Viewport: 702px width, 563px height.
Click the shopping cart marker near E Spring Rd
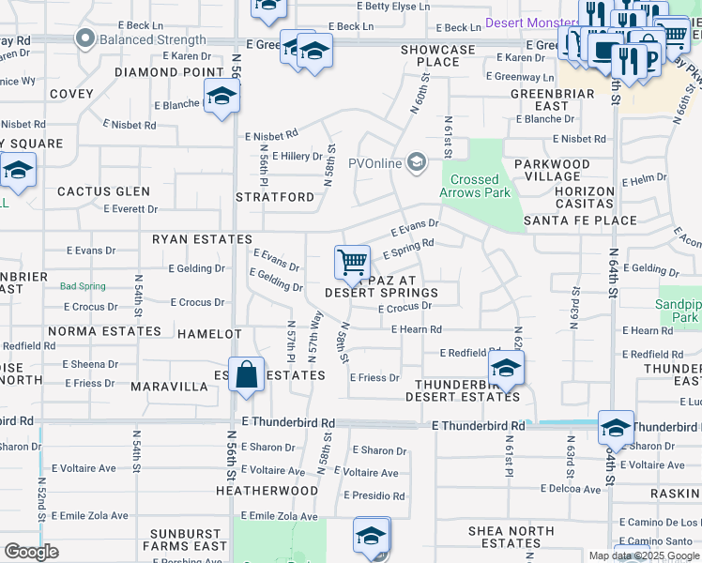click(x=352, y=261)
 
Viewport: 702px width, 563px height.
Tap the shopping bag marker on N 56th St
click(x=245, y=375)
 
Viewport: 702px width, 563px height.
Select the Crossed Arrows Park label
click(x=475, y=186)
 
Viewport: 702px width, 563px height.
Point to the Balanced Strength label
click(x=155, y=39)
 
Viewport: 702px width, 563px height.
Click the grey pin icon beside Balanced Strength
click(x=86, y=39)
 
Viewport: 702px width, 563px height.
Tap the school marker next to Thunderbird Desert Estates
click(x=506, y=368)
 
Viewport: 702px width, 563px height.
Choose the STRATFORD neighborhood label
click(x=275, y=197)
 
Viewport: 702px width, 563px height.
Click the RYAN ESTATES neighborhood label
click(x=203, y=240)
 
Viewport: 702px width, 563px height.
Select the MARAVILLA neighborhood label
click(x=169, y=387)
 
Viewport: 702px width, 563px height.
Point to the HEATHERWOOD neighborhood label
click(x=267, y=491)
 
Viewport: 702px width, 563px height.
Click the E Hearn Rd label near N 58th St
click(x=410, y=329)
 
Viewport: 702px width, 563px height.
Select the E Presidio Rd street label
click(x=374, y=495)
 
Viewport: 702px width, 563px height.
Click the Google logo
click(x=32, y=552)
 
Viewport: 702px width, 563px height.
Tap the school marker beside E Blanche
click(x=221, y=97)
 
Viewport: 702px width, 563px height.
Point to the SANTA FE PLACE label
click(x=580, y=221)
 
